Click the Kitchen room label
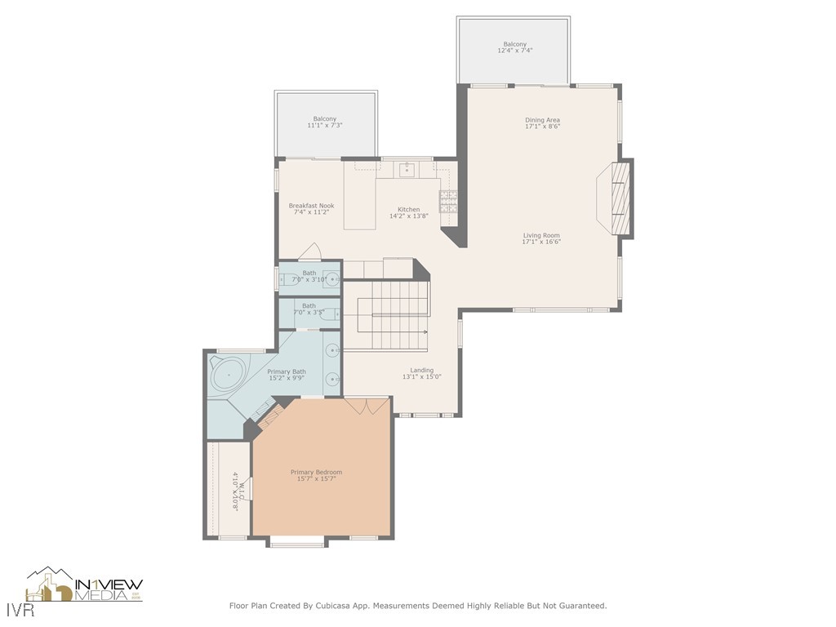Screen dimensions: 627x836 (408, 210)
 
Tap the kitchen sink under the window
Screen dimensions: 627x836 (406, 170)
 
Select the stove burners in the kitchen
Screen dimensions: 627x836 (448, 201)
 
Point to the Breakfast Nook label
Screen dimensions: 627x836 (311, 206)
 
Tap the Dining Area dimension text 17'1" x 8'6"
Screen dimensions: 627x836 (542, 127)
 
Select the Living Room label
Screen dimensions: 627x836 (541, 235)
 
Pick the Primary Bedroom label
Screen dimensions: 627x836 (316, 472)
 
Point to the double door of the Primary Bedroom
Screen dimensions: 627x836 (366, 406)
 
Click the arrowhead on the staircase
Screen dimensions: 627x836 (425, 332)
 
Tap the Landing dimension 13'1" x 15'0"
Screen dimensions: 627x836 (421, 377)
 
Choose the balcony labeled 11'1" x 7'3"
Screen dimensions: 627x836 (325, 123)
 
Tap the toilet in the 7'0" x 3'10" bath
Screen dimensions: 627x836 (287, 279)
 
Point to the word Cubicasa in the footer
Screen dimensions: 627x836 (323, 606)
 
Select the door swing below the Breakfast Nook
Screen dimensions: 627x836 (309, 252)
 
